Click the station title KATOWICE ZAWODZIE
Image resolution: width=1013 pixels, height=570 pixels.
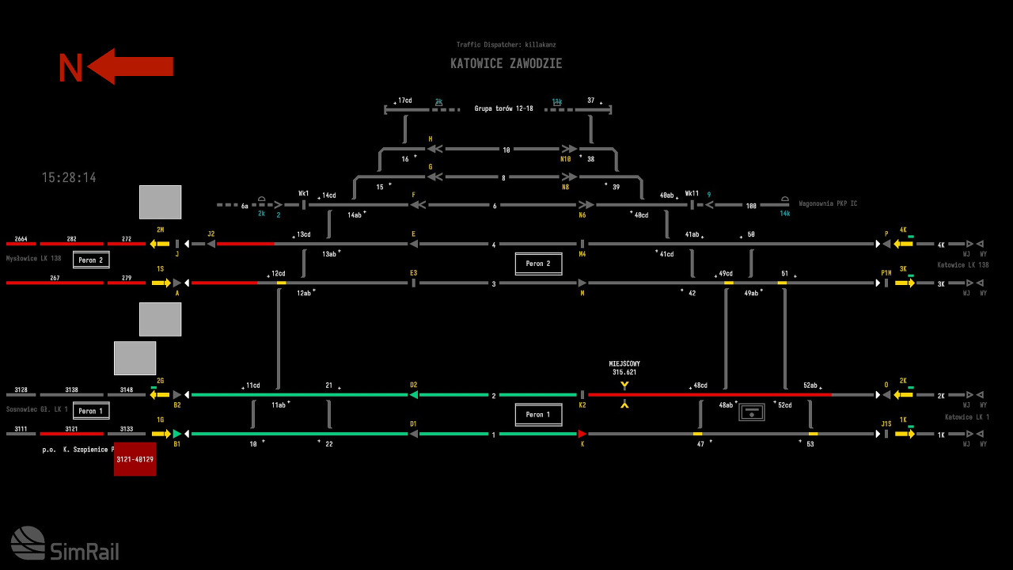click(506, 63)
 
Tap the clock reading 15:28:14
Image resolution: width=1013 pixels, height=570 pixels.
click(69, 178)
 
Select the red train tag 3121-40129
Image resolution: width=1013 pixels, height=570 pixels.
click(135, 459)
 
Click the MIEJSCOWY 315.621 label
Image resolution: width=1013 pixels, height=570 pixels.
click(624, 368)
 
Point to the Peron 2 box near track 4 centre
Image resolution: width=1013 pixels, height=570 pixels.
click(538, 264)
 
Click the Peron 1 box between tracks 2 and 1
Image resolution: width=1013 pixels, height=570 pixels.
click(538, 414)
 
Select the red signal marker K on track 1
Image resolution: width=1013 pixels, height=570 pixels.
click(582, 434)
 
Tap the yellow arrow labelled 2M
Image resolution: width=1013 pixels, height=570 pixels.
click(160, 244)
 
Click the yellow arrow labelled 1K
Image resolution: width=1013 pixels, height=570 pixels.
click(905, 434)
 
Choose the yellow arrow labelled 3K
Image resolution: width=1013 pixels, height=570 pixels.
click(905, 283)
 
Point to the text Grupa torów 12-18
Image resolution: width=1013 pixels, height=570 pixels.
click(503, 108)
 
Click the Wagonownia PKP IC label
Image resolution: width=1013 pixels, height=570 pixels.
click(828, 203)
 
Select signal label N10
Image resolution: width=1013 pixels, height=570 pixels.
click(565, 159)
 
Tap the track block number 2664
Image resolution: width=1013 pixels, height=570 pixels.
click(21, 239)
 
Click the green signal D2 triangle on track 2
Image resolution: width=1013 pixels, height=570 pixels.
click(413, 394)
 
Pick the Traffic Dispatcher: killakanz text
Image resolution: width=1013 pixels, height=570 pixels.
click(506, 45)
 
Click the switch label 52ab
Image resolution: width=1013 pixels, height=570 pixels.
click(810, 385)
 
